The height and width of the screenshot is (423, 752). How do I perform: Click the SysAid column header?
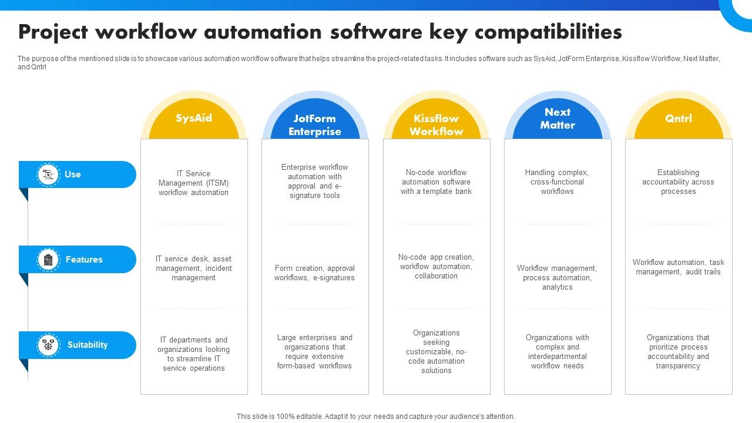194,118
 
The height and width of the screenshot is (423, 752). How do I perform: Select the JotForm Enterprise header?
315,125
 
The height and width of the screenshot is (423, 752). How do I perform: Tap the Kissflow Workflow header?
436,125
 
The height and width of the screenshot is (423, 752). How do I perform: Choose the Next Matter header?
557,119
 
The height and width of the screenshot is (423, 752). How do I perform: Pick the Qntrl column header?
679,118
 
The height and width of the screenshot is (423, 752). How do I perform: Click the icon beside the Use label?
48,174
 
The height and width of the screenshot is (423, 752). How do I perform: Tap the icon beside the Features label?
48,260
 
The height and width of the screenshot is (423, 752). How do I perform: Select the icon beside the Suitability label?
48,345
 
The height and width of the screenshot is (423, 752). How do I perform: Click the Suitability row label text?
88,345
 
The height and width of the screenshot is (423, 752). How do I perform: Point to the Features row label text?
84,260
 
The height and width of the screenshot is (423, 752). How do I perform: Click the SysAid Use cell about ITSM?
193,183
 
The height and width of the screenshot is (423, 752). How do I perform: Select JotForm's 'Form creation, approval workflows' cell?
314,273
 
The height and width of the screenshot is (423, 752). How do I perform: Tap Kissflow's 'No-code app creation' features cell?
436,267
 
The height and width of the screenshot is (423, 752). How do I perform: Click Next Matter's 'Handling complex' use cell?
557,182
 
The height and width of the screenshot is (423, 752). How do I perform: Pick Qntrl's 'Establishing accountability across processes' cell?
678,182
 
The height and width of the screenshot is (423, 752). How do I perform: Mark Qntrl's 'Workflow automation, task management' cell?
678,267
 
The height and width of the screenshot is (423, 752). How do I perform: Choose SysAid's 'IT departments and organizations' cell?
193,354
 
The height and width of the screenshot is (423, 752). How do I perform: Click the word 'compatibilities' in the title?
548,32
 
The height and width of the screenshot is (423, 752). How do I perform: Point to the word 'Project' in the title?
53,32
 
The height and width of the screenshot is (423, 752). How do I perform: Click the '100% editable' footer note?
375,417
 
